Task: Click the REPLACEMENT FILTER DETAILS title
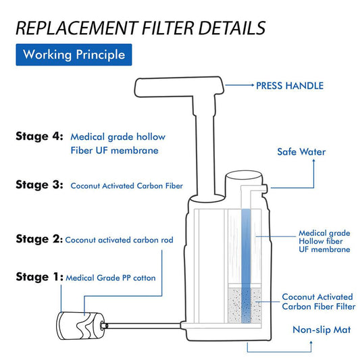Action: tap(140, 28)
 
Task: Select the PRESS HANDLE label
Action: tap(289, 86)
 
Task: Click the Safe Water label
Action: tap(301, 152)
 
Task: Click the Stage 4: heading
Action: tap(39, 136)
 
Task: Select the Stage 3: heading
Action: tap(39, 184)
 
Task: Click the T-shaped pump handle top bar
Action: tap(179, 86)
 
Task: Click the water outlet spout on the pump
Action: tap(265, 186)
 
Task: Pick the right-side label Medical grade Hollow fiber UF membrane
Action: tap(324, 241)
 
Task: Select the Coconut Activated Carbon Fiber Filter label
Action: tap(317, 302)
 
